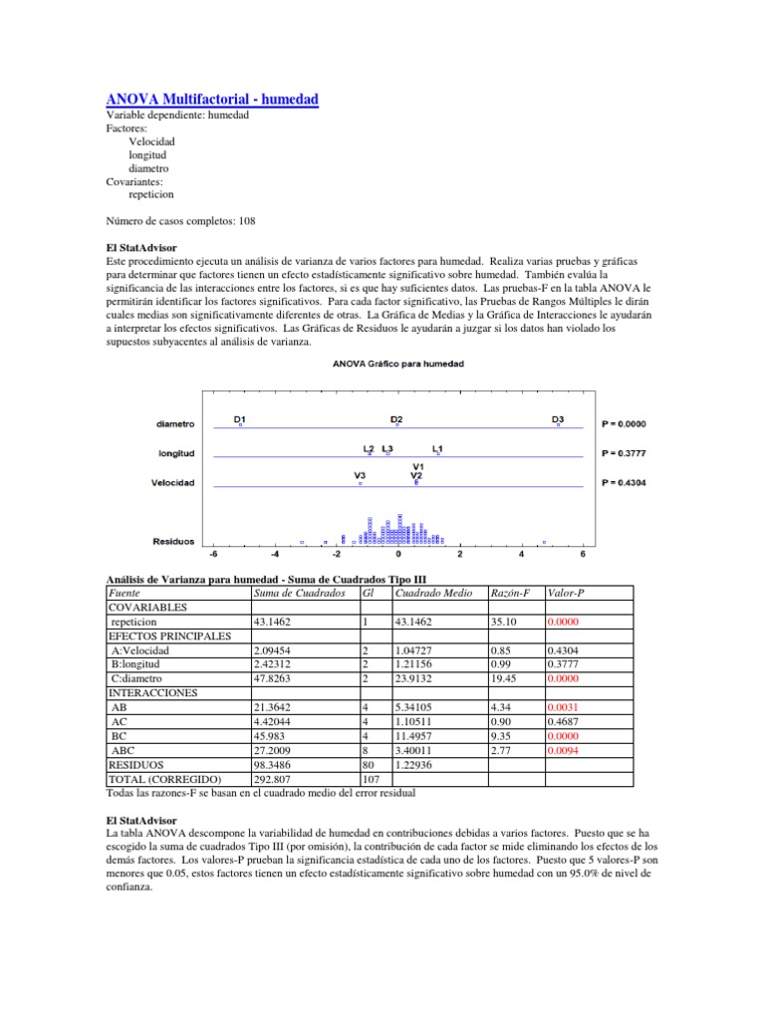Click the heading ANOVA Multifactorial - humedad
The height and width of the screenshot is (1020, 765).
pos(212,100)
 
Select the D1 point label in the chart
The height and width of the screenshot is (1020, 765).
pos(240,419)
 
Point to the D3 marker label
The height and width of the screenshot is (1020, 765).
pos(558,419)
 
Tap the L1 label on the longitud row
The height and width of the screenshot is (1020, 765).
pos(438,448)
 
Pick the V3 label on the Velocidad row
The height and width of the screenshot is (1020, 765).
pos(360,476)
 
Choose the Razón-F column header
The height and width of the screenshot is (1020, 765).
pos(505,593)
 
